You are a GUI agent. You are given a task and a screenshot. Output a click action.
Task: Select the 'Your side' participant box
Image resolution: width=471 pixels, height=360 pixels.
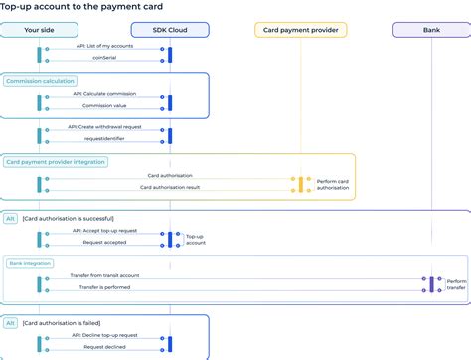pos(41,30)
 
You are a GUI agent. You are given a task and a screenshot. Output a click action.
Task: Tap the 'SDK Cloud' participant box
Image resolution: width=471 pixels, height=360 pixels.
pos(170,30)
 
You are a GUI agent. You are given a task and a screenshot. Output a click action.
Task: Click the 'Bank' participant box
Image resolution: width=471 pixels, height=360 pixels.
pos(431,30)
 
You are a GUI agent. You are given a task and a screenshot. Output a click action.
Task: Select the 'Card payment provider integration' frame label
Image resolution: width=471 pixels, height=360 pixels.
pos(56,161)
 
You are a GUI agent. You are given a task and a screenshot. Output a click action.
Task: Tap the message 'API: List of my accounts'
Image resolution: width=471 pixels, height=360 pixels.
pos(105,46)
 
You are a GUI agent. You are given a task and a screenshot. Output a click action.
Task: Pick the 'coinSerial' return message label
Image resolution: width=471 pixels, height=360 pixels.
pos(105,57)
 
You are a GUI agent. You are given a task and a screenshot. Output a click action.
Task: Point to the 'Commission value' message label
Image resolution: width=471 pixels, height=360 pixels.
pos(105,106)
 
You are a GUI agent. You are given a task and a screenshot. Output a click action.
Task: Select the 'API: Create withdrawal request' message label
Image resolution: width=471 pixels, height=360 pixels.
pos(105,127)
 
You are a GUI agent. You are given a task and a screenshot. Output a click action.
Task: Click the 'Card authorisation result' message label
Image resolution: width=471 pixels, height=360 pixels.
pos(170,187)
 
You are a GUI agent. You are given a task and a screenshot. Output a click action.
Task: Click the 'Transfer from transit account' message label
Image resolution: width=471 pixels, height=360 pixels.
pos(104,275)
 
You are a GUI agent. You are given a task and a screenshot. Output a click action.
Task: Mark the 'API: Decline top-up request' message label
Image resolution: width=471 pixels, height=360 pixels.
pos(105,336)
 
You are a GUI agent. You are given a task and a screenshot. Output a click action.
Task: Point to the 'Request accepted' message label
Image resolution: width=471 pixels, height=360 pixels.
pos(105,243)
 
